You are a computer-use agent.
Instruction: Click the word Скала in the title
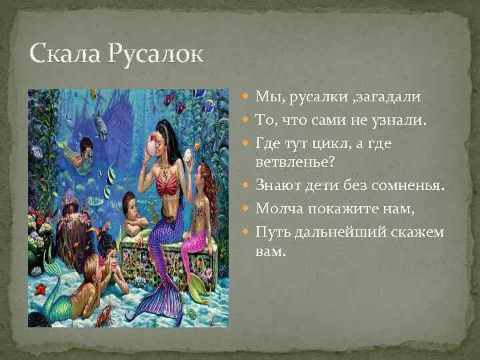pyautogui.click(x=63, y=54)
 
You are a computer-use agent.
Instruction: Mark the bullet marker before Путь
pyautogui.click(x=247, y=231)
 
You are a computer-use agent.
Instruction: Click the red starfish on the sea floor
pyautogui.click(x=41, y=289)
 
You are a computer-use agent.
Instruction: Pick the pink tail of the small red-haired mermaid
pyautogui.click(x=197, y=250)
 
